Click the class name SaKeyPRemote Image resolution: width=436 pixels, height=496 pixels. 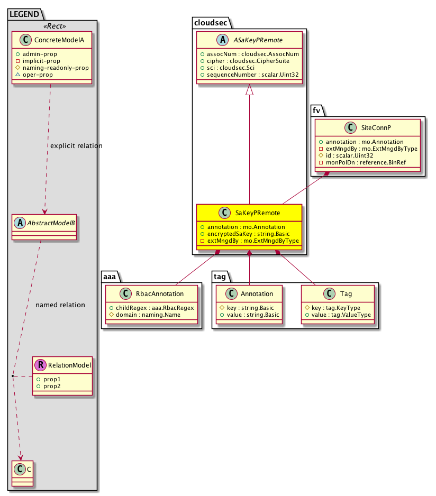258,213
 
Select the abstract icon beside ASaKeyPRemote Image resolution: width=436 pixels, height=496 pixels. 223,40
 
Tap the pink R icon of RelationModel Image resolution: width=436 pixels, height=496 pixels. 41,365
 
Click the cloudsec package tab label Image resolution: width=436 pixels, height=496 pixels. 211,23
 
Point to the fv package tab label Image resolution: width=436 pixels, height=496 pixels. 316,110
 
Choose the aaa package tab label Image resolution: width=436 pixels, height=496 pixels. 110,277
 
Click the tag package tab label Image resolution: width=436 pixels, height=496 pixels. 220,277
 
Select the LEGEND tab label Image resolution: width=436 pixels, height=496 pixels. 24,14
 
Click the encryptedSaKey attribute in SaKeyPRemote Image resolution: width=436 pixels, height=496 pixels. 245,234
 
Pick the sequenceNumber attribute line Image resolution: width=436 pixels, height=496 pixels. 250,75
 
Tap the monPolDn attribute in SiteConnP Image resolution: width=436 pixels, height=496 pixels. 362,162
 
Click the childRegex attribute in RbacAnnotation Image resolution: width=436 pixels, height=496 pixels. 152,308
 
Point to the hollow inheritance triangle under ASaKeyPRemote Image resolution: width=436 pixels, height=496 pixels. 250,89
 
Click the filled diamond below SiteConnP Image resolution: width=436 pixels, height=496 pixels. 326,173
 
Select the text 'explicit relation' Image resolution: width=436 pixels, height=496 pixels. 76,146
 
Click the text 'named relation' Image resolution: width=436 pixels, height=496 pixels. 60,305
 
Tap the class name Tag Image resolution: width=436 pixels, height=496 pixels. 346,294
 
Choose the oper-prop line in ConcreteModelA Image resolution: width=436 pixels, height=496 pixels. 34,75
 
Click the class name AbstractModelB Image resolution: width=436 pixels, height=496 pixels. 51,223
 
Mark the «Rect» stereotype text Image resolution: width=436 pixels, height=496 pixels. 55,26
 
